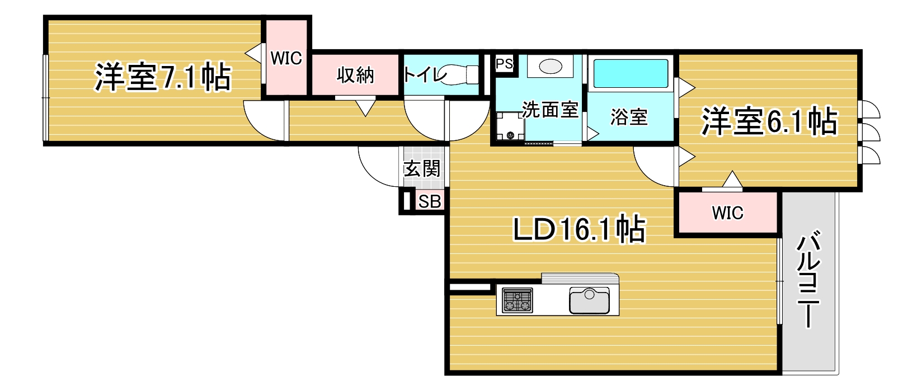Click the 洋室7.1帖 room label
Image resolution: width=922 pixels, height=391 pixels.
click(163, 77)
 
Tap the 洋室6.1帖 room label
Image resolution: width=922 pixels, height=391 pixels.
click(769, 121)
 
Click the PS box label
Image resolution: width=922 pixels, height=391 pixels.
click(504, 64)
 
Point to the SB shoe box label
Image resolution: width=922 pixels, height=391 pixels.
click(430, 202)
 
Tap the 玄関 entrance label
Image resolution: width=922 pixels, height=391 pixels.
click(422, 168)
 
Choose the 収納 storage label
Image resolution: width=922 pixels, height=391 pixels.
click(355, 76)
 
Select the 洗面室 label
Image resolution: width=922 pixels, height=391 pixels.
click(551, 110)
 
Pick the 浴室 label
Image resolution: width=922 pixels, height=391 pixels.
click(629, 117)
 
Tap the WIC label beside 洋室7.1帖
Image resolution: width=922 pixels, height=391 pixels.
click(286, 58)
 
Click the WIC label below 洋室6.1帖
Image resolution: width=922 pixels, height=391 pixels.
click(728, 213)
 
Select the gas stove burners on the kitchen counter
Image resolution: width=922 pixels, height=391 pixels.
click(518, 300)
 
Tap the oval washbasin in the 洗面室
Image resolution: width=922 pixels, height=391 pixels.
click(551, 67)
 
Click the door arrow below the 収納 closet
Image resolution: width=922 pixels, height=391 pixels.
click(365, 108)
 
